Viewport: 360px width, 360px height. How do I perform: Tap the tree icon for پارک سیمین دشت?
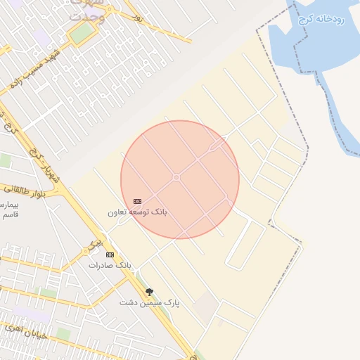(x=148, y=292)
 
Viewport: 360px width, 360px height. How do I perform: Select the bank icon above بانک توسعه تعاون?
(x=137, y=201)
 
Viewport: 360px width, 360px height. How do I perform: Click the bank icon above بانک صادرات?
(x=109, y=254)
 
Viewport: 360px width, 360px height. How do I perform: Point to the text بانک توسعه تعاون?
(x=137, y=212)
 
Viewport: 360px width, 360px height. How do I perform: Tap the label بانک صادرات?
(x=110, y=265)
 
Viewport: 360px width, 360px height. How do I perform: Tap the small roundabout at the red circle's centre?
(x=176, y=177)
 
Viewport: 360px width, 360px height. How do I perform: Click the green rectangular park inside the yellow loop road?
(x=82, y=32)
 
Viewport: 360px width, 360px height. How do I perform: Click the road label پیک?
(x=89, y=244)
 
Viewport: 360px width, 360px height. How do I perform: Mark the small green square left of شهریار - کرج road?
(x=6, y=161)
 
